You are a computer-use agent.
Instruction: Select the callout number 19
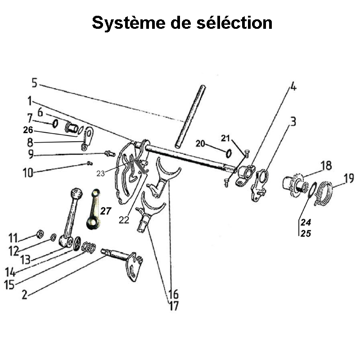pos(348,179)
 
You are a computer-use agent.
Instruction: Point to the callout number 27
pos(105,211)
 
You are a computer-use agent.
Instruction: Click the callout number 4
pos(293,86)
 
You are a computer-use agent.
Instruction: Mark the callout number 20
pos(200,143)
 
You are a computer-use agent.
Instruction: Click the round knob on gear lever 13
pos(77,194)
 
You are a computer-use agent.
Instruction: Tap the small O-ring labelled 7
pos(54,123)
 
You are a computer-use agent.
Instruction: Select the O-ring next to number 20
pos(229,153)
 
